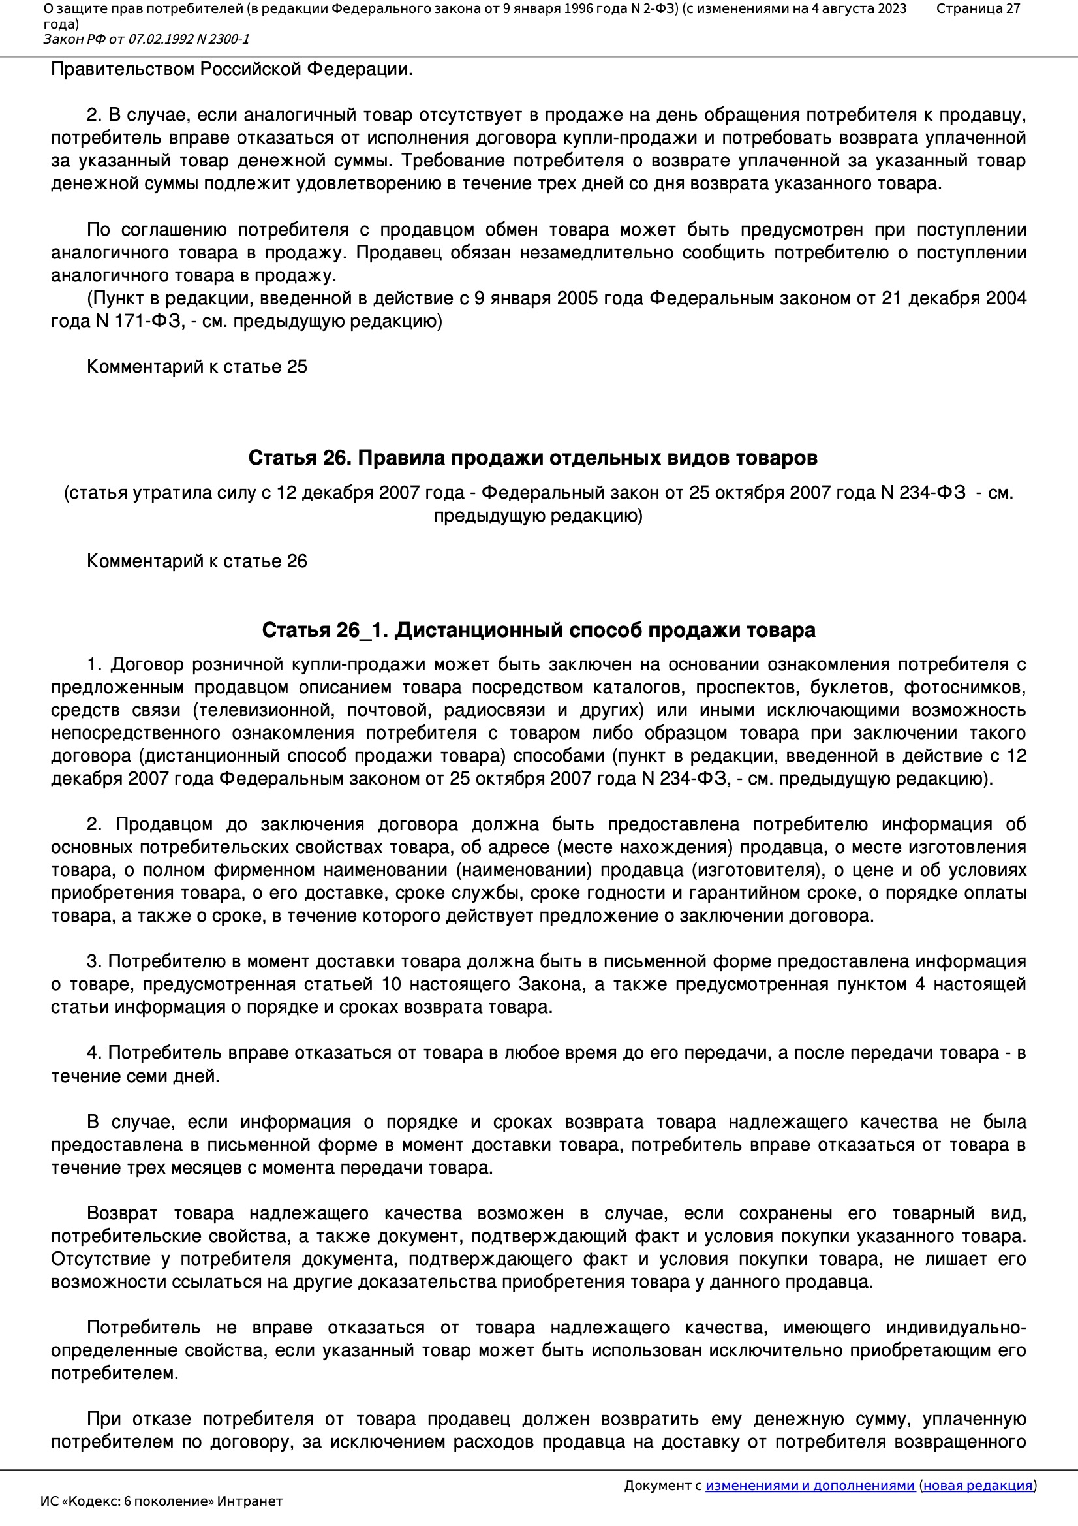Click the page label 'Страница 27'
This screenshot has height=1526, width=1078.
(x=978, y=8)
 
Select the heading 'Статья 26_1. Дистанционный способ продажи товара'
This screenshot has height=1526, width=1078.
(x=538, y=630)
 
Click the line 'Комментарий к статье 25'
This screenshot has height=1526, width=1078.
(x=196, y=367)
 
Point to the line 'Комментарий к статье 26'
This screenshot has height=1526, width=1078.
(x=196, y=561)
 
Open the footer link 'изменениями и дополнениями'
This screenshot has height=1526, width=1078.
(x=810, y=1486)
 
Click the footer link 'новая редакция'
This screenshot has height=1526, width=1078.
(x=978, y=1486)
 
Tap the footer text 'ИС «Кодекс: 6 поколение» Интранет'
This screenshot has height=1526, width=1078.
(x=161, y=1501)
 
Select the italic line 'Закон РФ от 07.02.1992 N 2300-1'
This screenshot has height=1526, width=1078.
(x=146, y=39)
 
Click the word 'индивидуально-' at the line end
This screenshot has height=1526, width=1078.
(x=956, y=1328)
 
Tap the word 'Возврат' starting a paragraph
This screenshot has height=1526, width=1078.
(x=122, y=1213)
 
